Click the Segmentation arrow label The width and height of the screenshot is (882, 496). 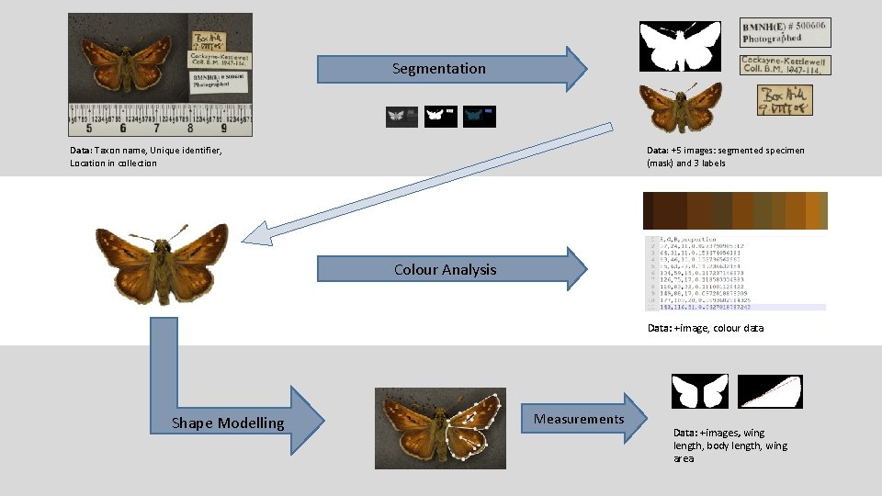[x=438, y=69]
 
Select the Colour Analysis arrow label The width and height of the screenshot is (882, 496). [x=445, y=269]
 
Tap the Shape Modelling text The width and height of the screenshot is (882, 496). [x=228, y=423]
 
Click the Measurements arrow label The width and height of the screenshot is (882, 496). [x=579, y=419]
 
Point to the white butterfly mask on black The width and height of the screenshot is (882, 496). [x=681, y=46]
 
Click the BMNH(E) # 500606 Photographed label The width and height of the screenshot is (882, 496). [x=785, y=32]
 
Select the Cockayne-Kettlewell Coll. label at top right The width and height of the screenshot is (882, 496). [x=785, y=64]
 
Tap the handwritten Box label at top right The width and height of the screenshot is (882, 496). [x=785, y=101]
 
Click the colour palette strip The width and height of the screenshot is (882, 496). [x=735, y=210]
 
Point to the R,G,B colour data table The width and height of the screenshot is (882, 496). [x=735, y=274]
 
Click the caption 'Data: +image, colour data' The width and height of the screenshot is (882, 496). [x=706, y=328]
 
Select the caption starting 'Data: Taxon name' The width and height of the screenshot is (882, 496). [x=145, y=156]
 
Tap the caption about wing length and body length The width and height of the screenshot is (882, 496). [x=730, y=445]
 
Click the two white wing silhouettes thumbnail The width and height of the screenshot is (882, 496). [x=699, y=391]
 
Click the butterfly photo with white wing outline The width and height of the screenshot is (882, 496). [x=440, y=428]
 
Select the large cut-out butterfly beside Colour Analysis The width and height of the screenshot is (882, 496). [x=162, y=263]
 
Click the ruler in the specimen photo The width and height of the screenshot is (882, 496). [x=160, y=119]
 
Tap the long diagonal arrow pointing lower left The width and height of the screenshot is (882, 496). [x=423, y=183]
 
